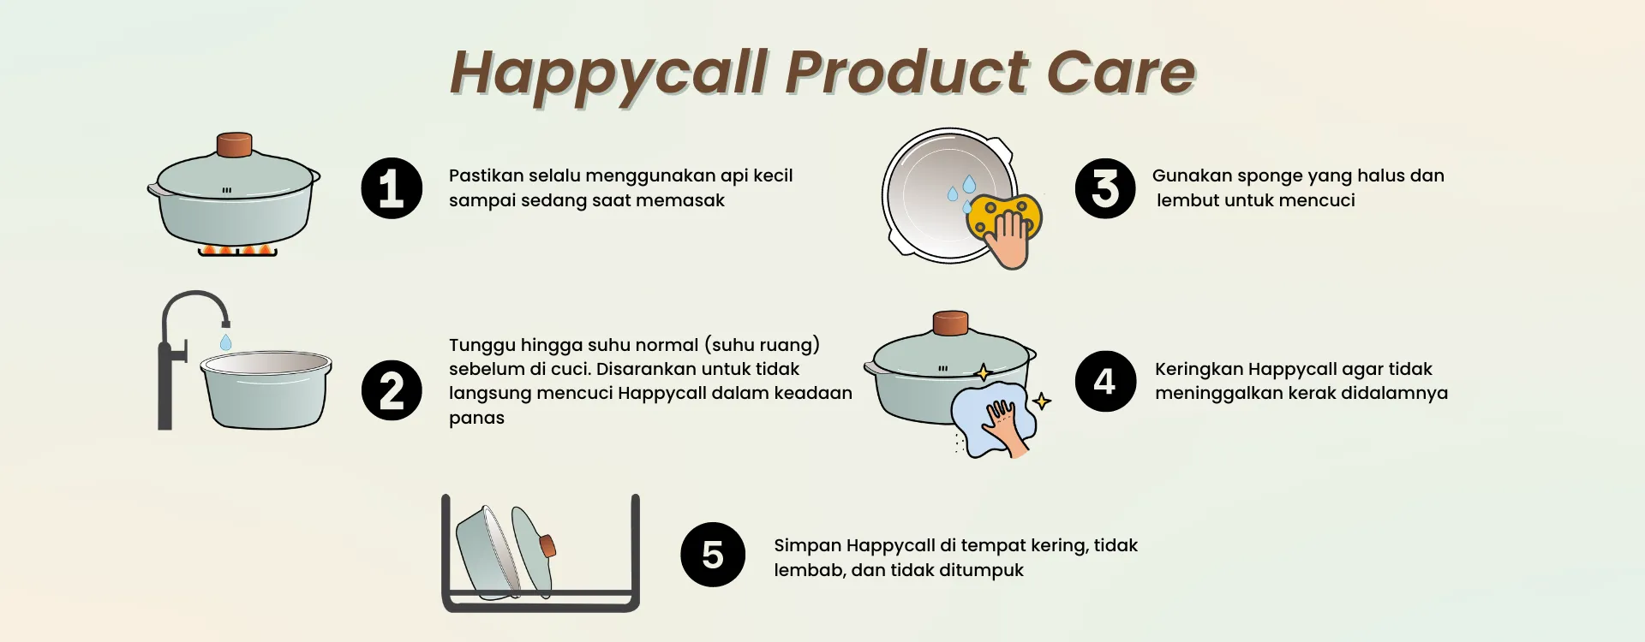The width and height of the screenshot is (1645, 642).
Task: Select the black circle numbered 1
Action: (392, 188)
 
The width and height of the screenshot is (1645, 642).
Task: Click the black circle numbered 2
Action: (392, 390)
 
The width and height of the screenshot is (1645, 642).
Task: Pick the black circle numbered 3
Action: (1105, 188)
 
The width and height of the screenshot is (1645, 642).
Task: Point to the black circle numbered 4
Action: (1105, 381)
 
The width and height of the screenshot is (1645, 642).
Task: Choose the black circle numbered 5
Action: (713, 555)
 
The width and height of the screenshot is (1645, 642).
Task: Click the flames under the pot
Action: (237, 250)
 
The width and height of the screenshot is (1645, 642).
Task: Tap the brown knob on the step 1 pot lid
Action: (234, 145)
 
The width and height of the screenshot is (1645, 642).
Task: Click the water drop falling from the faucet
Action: (225, 342)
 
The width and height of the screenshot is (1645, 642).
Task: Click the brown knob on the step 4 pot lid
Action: (950, 324)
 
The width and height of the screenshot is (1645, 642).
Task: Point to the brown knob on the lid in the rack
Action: (547, 545)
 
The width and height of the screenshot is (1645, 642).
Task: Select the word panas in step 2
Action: (476, 419)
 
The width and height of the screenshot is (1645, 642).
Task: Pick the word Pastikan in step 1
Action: (486, 175)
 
